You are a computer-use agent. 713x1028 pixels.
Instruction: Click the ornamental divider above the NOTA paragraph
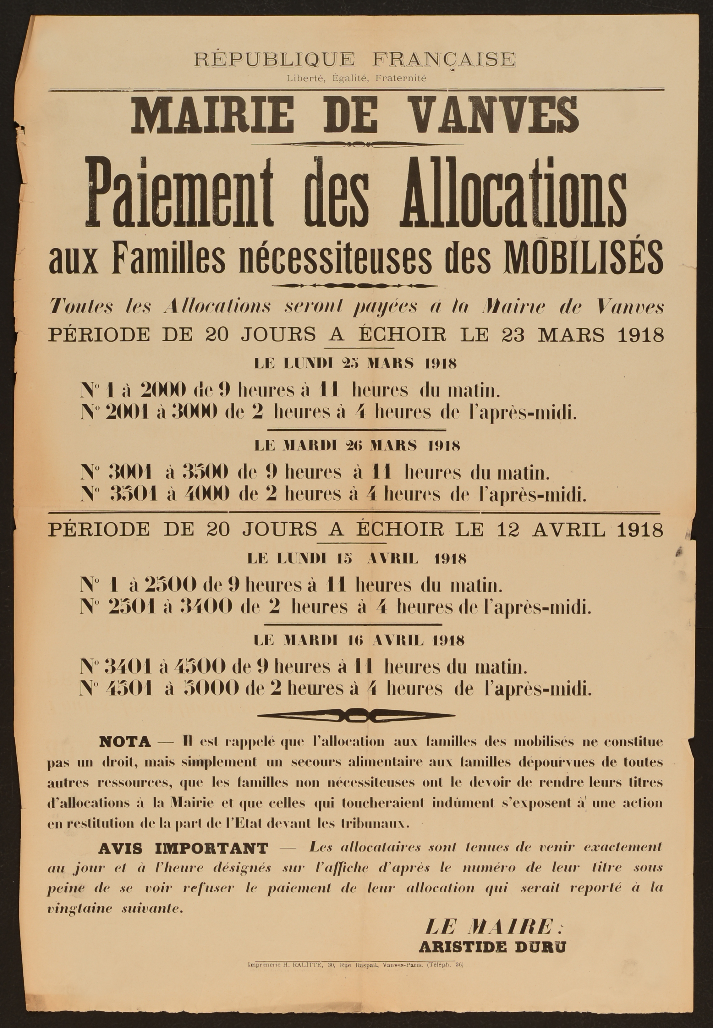pos(356,716)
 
